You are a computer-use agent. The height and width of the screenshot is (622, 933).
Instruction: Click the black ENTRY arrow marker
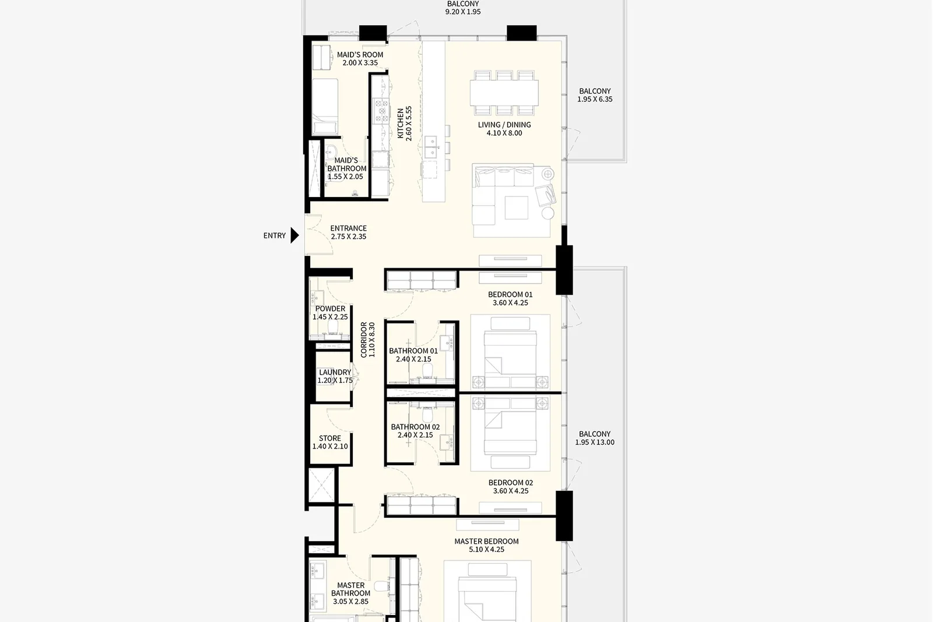294,236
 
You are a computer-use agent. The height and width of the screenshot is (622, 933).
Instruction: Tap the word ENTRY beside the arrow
275,236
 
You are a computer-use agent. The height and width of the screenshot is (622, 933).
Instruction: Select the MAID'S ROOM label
360,59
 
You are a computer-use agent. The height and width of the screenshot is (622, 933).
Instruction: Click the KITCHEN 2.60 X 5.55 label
405,123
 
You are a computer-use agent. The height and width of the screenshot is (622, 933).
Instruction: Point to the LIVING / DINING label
504,129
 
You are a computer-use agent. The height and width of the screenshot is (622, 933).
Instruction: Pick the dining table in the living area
504,93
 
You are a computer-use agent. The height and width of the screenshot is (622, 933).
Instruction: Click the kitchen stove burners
381,111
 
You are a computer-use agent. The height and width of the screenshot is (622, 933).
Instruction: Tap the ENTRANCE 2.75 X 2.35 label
349,233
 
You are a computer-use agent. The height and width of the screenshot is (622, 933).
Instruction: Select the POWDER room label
330,312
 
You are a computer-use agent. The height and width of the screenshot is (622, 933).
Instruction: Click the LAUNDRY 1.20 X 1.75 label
335,377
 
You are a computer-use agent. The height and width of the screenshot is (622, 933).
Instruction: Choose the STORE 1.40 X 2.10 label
330,442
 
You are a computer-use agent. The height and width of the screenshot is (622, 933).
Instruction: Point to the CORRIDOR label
368,340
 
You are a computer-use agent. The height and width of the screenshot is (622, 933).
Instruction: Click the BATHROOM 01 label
413,354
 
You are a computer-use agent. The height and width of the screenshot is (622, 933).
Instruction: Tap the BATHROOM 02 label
415,431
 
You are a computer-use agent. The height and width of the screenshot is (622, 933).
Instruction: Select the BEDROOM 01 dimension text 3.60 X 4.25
510,303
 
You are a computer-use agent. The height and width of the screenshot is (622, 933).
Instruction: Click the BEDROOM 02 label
511,487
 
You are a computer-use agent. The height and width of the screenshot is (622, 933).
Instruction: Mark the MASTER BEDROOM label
486,546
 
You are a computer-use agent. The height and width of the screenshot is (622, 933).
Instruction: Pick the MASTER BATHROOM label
350,593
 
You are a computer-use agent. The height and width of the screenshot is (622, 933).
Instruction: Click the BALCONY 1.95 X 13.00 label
595,438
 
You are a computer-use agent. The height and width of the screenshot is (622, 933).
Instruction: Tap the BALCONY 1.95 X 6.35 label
595,95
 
